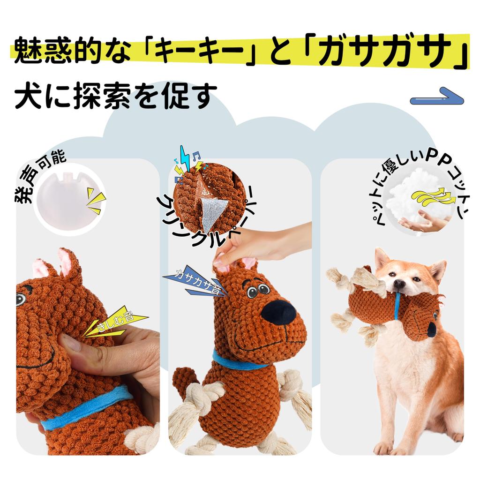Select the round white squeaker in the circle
coord(67,197)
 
